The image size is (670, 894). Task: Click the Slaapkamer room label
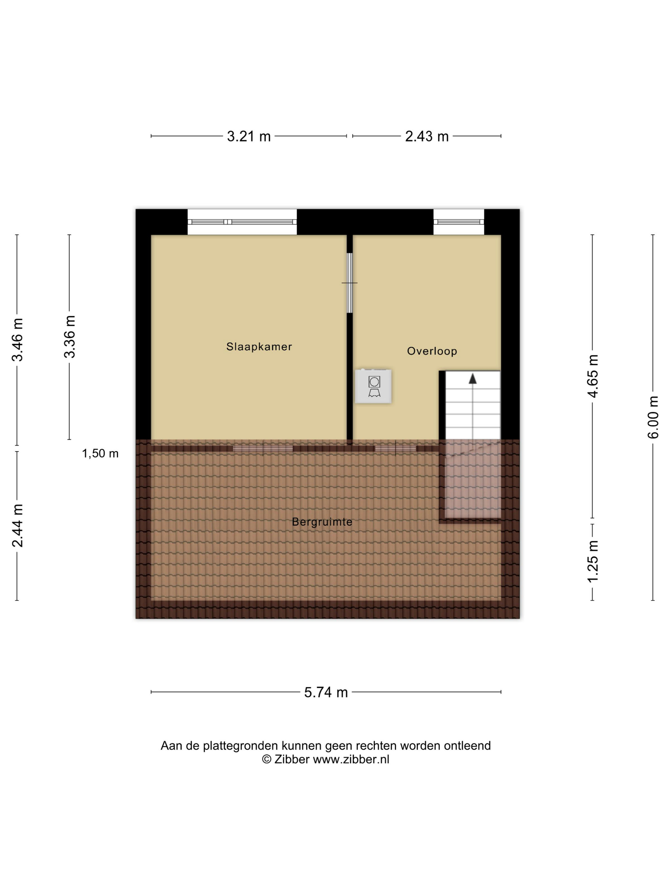click(x=259, y=346)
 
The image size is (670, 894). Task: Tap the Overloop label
click(x=432, y=351)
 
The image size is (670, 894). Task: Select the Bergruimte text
click(x=322, y=522)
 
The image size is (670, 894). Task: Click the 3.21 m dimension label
click(x=249, y=136)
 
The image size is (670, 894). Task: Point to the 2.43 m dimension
click(x=427, y=136)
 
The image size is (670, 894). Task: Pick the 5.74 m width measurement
click(x=326, y=692)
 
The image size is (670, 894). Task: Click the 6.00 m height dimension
click(x=653, y=417)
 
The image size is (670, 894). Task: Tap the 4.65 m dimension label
click(x=592, y=376)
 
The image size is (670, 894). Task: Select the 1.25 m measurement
click(x=592, y=561)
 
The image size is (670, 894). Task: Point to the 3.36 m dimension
click(x=69, y=337)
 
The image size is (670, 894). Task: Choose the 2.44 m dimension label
click(x=17, y=526)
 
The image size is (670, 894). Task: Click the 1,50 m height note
click(x=100, y=453)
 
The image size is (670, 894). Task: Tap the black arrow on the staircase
click(x=473, y=379)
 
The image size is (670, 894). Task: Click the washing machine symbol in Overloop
click(x=373, y=386)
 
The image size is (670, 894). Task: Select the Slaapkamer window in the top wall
click(x=242, y=222)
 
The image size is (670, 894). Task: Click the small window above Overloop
click(x=459, y=222)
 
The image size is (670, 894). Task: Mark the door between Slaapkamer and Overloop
click(x=350, y=283)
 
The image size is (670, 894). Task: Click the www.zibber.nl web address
click(x=351, y=759)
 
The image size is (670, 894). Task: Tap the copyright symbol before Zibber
click(x=266, y=759)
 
